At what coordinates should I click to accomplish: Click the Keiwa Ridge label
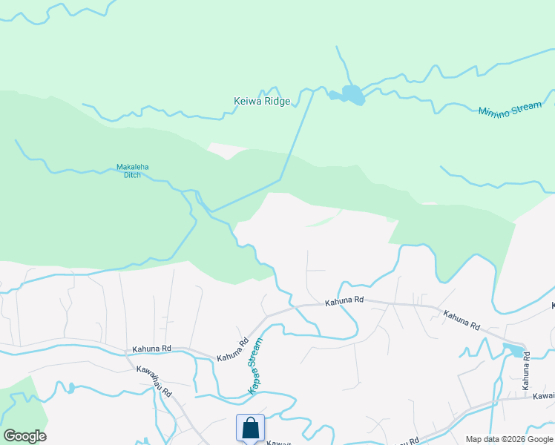click(x=262, y=102)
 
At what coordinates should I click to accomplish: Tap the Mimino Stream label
click(x=510, y=110)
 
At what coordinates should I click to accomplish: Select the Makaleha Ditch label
click(x=133, y=171)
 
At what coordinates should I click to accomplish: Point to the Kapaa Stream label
click(x=255, y=366)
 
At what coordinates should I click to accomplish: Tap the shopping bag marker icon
click(x=250, y=428)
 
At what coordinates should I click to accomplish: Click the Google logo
click(x=24, y=436)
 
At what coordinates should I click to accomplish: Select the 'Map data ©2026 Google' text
click(x=509, y=439)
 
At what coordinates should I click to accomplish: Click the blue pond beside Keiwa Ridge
click(x=349, y=95)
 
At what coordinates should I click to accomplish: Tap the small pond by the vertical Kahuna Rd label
click(x=513, y=349)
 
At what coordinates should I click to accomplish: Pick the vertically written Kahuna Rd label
click(x=526, y=370)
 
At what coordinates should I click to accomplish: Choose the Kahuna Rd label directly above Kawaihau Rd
click(x=152, y=349)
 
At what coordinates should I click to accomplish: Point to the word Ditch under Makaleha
click(x=133, y=175)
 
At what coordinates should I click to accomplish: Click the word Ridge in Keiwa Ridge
click(x=276, y=102)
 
